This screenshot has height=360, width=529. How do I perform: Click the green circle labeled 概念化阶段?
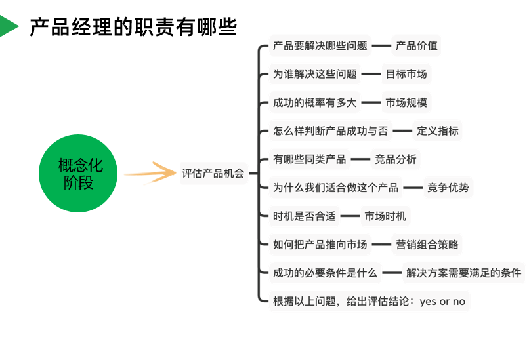point(80,174)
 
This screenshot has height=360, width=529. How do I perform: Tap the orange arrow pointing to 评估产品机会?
point(150,174)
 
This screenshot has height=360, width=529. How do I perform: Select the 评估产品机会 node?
point(213,174)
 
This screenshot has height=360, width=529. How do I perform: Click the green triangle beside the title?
point(8,26)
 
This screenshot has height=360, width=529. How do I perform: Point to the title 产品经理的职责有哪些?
point(133,27)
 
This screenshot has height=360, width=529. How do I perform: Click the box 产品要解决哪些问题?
point(320,46)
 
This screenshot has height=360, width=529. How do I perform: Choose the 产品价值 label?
point(417,46)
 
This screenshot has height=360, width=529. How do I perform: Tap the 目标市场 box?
point(406,74)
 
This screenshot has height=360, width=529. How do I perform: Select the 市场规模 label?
point(406,102)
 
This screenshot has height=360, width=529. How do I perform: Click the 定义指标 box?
point(438,130)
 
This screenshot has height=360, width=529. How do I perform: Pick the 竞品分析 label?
point(395,159)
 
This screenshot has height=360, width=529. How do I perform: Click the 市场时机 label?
point(385,216)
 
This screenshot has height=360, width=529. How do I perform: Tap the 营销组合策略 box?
point(427,245)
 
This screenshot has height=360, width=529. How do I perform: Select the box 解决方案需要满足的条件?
point(464,273)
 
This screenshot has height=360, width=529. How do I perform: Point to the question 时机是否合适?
point(305,216)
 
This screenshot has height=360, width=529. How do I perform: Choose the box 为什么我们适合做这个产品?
point(336,188)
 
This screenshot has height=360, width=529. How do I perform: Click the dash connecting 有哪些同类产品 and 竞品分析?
point(360,159)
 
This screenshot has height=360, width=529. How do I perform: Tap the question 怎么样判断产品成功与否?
point(331,130)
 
